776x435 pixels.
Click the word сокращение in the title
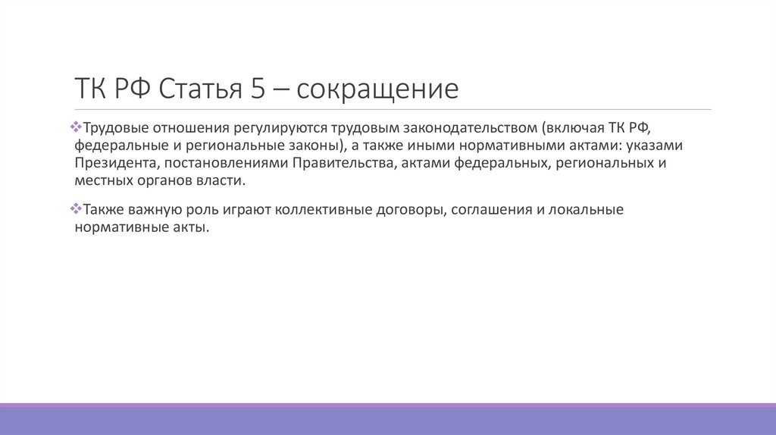click(377, 89)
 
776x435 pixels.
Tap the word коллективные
click(324, 210)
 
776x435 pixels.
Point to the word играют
click(247, 210)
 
